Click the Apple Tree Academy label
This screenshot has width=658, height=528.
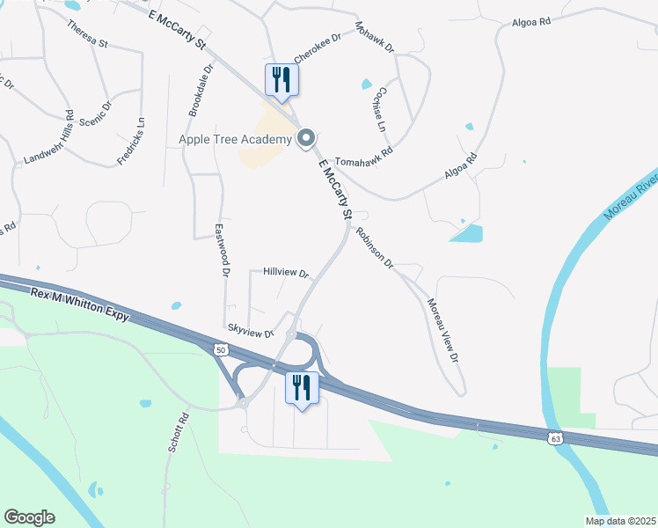pyautogui.click(x=235, y=139)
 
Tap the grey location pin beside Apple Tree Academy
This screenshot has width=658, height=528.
pyautogui.click(x=306, y=138)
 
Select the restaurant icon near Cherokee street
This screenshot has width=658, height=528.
pyautogui.click(x=282, y=79)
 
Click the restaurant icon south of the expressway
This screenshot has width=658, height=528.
pyautogui.click(x=301, y=387)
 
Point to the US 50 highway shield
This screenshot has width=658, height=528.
pyautogui.click(x=219, y=349)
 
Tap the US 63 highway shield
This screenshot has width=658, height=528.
pyautogui.click(x=554, y=437)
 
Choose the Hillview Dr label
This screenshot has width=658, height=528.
pyautogui.click(x=286, y=274)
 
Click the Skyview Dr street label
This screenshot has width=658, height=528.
pyautogui.click(x=252, y=330)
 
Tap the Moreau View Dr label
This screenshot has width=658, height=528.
pyautogui.click(x=443, y=331)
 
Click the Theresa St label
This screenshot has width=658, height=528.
pyautogui.click(x=86, y=31)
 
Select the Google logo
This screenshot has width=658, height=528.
pyautogui.click(x=29, y=517)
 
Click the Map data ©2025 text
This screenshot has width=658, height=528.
pyautogui.click(x=619, y=521)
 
